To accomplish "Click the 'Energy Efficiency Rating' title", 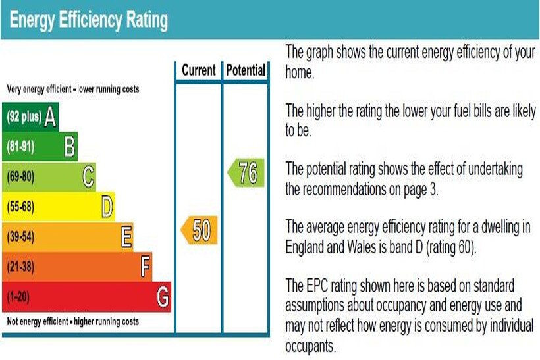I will tap(89, 20).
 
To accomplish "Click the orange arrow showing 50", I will tap(199, 230).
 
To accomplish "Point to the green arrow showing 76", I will tap(246, 174).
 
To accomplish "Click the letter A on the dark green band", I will tap(50, 117).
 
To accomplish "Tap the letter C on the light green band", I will tap(88, 176).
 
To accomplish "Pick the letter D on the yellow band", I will tap(107, 206).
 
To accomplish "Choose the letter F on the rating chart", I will tap(146, 267).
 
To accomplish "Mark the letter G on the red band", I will tap(163, 297).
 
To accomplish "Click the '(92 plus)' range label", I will tap(24, 118).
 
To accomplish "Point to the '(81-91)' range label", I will tap(20, 147).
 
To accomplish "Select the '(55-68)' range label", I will tap(20, 207).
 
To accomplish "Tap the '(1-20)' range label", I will tap(18, 297).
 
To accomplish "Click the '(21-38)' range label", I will tap(20, 267).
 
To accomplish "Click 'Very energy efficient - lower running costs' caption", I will tap(73, 89).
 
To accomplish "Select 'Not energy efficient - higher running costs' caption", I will tap(73, 322).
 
